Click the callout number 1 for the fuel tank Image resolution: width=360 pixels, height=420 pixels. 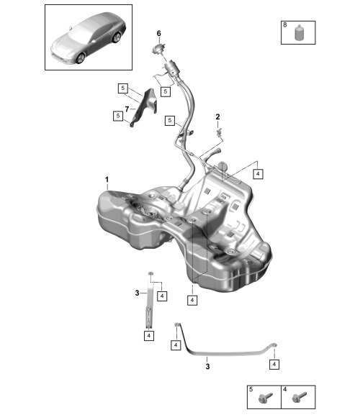click(107, 179)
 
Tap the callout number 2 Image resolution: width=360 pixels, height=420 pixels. click(217, 117)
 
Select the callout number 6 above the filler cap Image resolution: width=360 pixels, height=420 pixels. click(159, 34)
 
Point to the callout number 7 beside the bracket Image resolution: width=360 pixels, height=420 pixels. click(127, 109)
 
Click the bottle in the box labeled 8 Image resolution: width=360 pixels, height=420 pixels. click(299, 33)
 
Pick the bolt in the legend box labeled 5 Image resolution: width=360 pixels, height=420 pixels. click(265, 398)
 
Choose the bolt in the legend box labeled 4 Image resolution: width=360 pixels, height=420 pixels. click(299, 398)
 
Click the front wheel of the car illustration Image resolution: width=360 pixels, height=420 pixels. click(80, 58)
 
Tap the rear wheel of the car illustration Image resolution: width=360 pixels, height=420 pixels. click(117, 37)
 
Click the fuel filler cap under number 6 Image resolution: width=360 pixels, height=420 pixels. click(159, 50)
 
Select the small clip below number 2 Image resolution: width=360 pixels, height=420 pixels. click(220, 131)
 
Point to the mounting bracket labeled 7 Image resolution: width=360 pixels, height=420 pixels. click(145, 107)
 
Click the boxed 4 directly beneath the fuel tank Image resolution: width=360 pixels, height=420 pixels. click(192, 301)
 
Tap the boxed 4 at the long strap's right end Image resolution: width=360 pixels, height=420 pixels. click(274, 365)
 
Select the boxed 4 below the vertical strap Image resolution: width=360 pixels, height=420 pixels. click(149, 336)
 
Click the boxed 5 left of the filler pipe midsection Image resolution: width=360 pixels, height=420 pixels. click(170, 121)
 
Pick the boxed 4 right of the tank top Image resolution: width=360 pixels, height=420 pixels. click(258, 174)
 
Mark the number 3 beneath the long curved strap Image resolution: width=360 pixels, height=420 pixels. click(207, 367)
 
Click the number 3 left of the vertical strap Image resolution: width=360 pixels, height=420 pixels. click(137, 293)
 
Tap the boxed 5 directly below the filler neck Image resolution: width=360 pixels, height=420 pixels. click(166, 91)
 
